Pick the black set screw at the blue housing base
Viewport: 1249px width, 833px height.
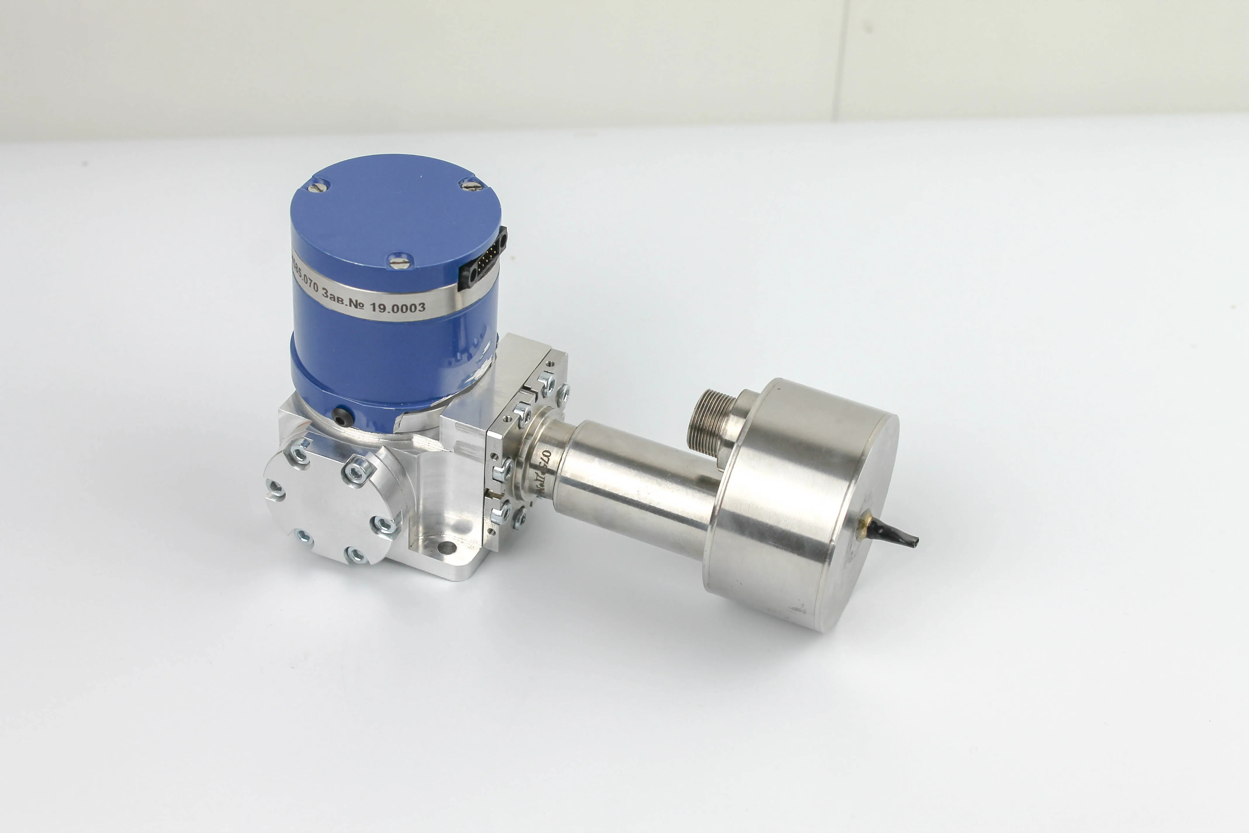click(341, 415)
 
